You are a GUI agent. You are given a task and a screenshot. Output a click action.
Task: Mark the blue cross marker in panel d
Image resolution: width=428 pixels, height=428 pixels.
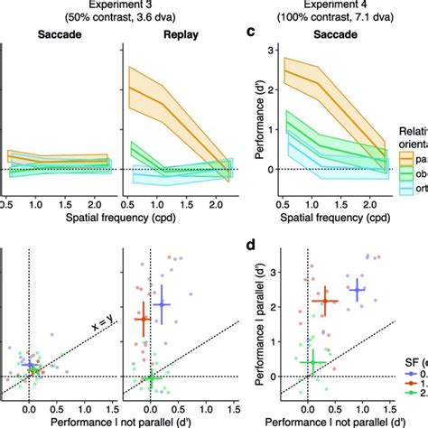[358, 290]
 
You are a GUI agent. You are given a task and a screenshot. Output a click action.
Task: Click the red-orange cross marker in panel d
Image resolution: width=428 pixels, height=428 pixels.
[324, 301]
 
